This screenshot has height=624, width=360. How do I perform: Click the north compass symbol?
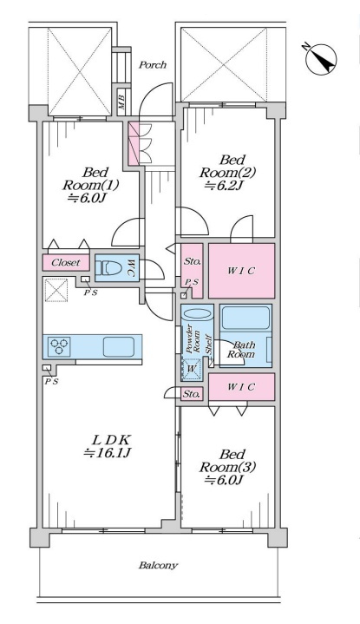tap(321, 58)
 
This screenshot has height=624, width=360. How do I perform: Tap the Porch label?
tap(153, 65)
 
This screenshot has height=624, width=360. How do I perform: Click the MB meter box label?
tap(121, 100)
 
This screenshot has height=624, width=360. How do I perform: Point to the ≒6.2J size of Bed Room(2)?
tap(226, 186)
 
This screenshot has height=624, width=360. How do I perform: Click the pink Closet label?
tap(66, 263)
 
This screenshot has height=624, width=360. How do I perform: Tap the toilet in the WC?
tap(108, 267)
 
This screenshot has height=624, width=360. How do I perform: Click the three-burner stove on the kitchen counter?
tap(59, 345)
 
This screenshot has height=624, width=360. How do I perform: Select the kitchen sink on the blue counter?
tap(119, 346)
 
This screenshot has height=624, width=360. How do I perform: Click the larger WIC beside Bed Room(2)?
tap(241, 271)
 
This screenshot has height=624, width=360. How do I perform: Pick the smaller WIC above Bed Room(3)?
tap(241, 387)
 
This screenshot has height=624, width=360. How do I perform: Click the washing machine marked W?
tap(191, 369)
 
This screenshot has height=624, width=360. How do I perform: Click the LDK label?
tap(111, 440)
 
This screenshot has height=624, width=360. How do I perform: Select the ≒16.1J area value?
tap(108, 453)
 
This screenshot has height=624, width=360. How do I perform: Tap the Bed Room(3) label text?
tap(227, 461)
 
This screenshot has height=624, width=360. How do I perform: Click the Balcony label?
tap(158, 566)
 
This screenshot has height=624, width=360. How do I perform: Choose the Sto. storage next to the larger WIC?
tap(192, 271)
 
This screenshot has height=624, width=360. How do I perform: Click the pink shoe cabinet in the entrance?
tap(133, 143)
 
